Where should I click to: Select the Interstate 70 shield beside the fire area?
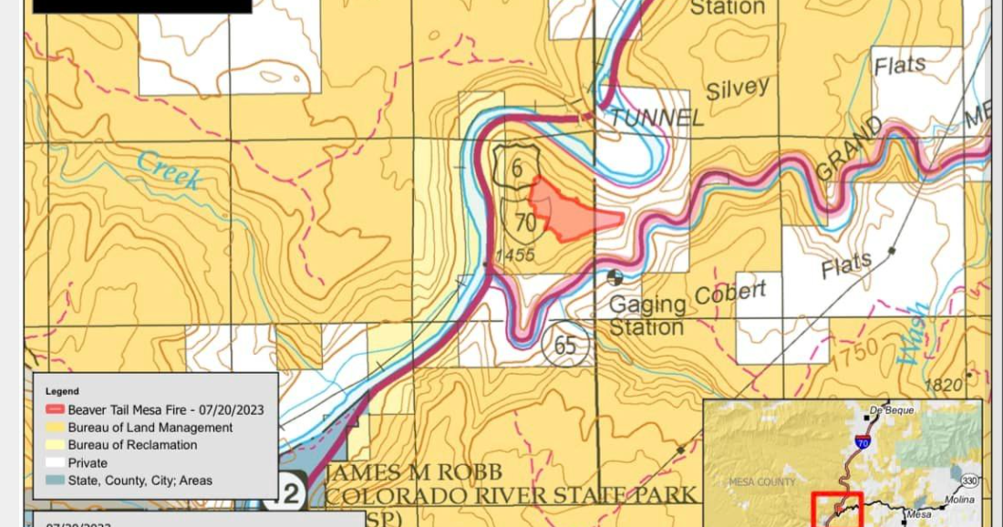coord(525,222)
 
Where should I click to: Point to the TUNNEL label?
coord(657,118)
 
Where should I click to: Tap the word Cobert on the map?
coord(730,294)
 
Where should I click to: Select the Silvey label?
coord(739,89)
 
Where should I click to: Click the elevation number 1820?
coord(943,386)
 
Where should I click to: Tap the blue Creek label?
coord(169,170)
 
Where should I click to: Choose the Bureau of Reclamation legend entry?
coord(132,445)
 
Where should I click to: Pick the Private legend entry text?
coord(88,462)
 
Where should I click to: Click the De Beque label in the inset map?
coord(891,409)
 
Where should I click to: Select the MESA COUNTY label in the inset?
coord(761,481)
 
